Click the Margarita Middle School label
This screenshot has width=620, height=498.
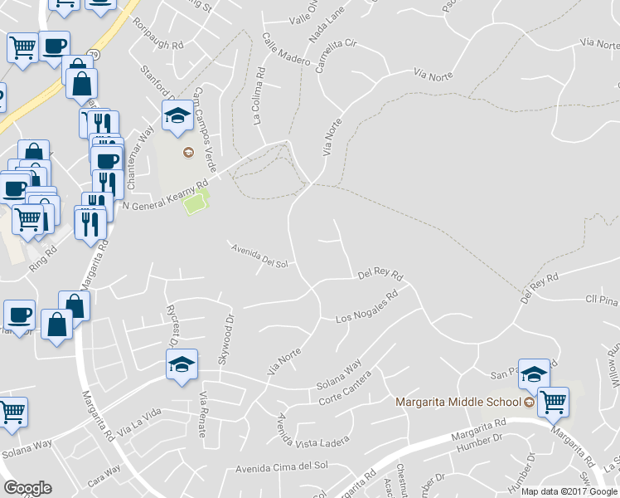[x=458, y=402]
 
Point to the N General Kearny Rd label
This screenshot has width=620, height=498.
[x=164, y=196]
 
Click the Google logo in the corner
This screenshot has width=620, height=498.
[x=28, y=487]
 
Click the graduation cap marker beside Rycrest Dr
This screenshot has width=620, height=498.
[x=182, y=364]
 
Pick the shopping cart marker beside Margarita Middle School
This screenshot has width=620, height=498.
[x=552, y=403]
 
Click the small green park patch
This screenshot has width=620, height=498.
[x=196, y=202]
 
